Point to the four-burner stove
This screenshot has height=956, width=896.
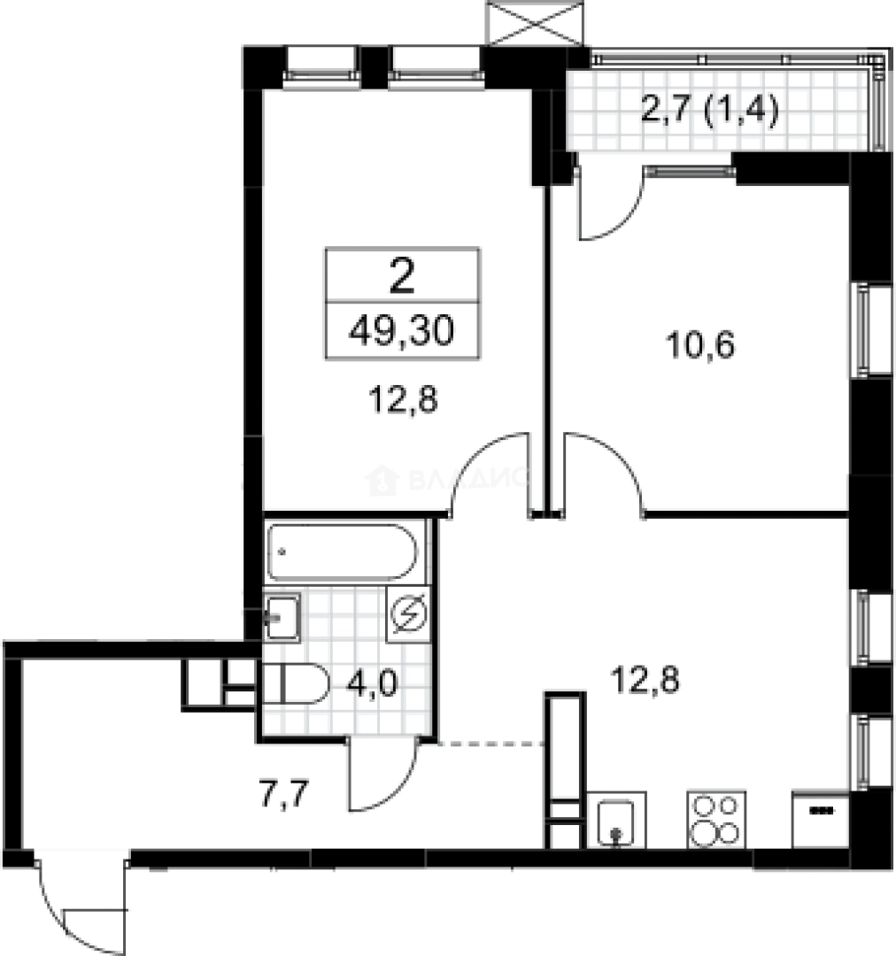click(714, 819)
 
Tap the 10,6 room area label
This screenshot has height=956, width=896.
click(700, 343)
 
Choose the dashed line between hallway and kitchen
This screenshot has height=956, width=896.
click(490, 744)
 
